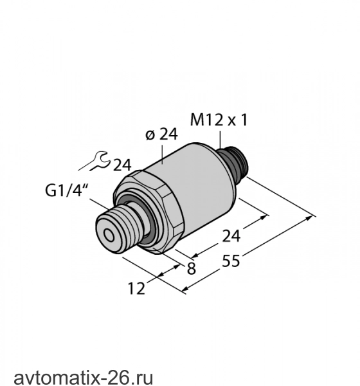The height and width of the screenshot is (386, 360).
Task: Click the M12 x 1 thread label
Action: click(219, 120)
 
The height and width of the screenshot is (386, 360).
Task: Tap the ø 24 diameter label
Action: click(161, 134)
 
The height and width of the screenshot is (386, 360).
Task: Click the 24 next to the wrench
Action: click(122, 165)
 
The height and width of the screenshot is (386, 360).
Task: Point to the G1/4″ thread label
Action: click(66, 190)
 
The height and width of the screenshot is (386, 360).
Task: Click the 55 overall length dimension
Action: click(231, 261)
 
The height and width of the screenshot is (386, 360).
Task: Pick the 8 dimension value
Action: click(192, 268)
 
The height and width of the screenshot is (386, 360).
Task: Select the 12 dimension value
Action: click(136, 288)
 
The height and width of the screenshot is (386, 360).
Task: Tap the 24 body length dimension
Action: click(231, 236)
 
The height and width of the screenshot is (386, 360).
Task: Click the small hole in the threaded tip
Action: click(109, 235)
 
